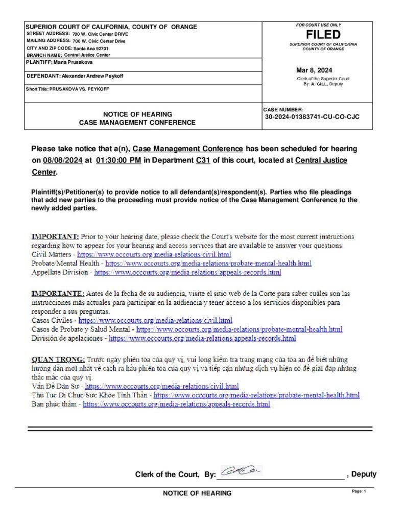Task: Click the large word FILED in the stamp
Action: [323, 35]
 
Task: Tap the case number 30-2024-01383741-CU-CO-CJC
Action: [312, 117]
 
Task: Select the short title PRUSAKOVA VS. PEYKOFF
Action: [86, 89]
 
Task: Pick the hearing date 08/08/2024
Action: [63, 160]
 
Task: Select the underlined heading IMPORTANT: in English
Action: [55, 237]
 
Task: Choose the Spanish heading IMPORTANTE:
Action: [58, 294]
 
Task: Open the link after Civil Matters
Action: [154, 254]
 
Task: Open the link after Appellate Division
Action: [188, 273]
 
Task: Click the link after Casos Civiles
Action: [155, 321]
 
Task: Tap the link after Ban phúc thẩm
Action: [176, 405]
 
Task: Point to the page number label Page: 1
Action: [359, 491]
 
